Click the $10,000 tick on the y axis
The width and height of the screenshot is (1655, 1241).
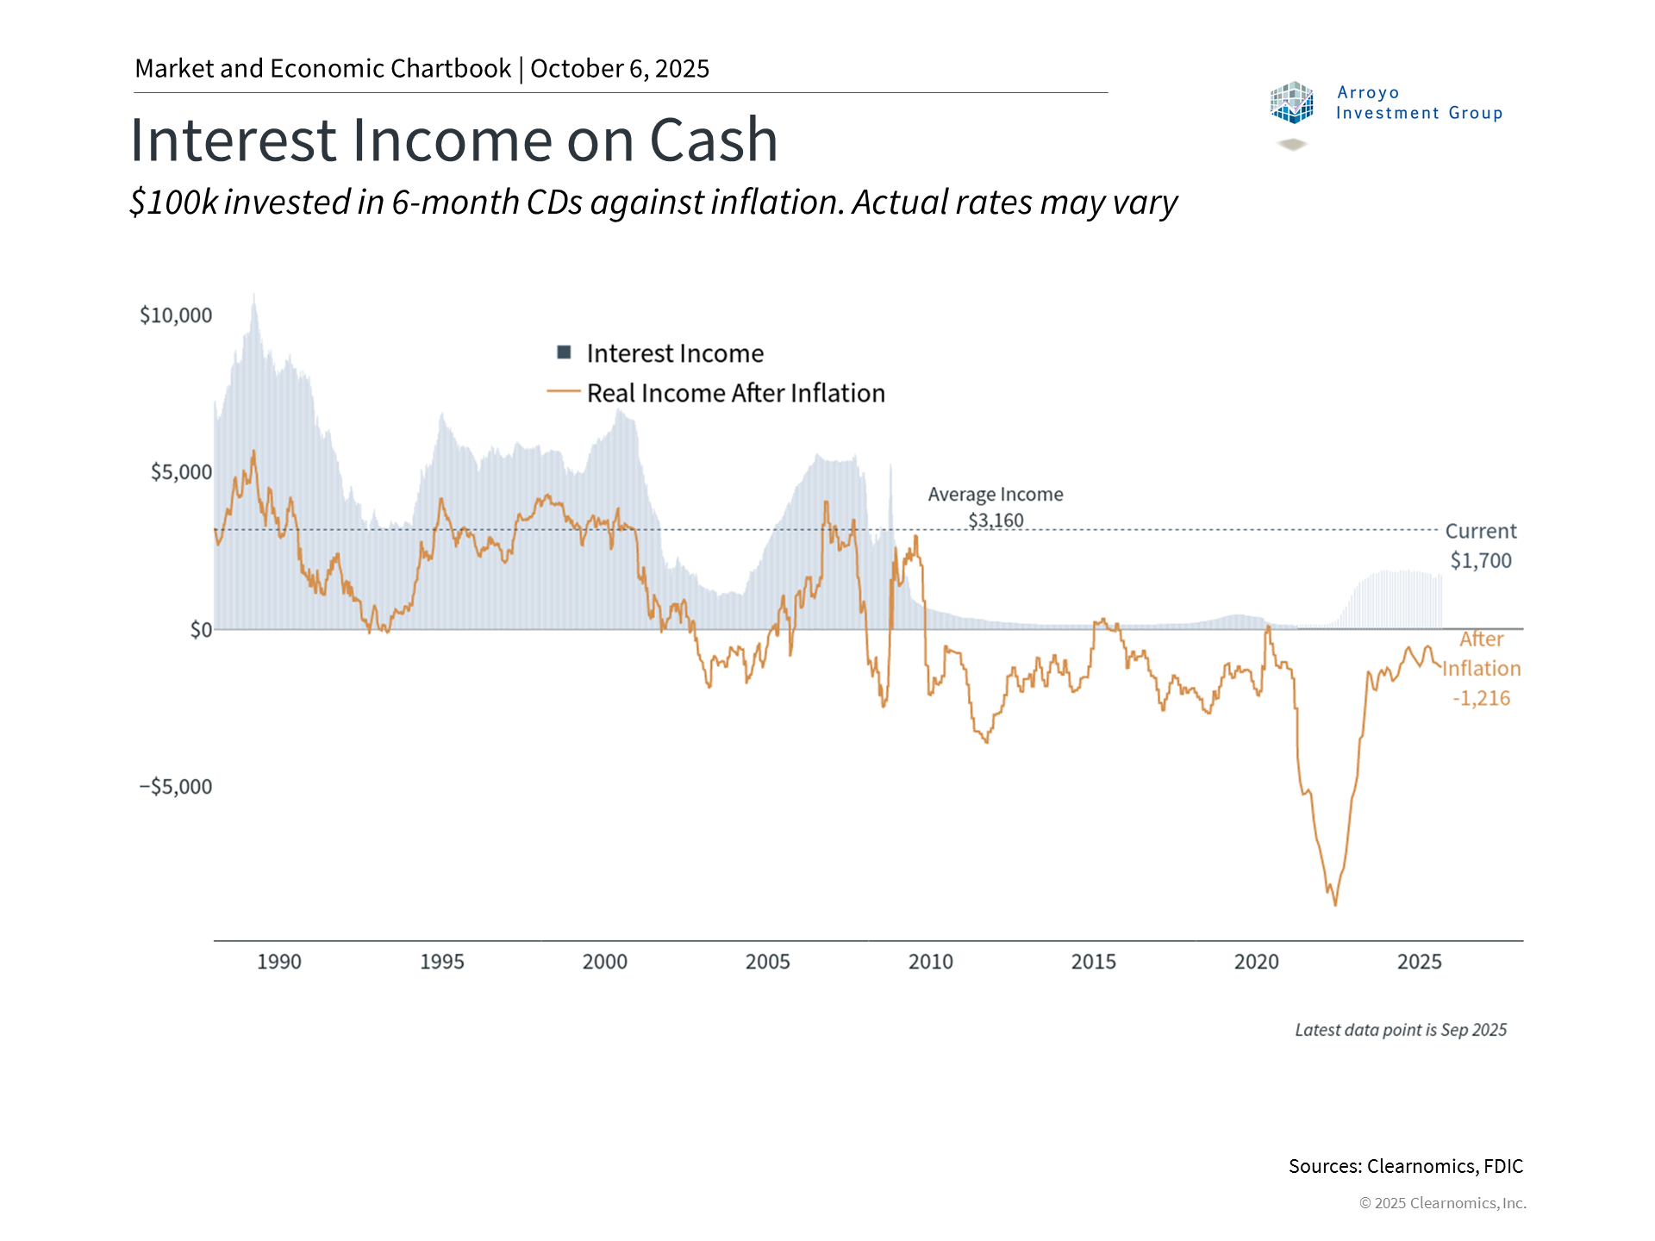pyautogui.click(x=176, y=315)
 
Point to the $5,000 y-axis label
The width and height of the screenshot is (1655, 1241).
pyautogui.click(x=181, y=472)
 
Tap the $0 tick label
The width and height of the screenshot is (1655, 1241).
pyautogui.click(x=201, y=630)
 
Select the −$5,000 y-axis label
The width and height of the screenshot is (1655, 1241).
pyautogui.click(x=176, y=787)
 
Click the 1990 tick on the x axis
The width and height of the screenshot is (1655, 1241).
pyautogui.click(x=279, y=962)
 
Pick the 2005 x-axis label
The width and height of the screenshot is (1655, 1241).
pyautogui.click(x=767, y=962)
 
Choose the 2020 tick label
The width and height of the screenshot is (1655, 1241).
pyautogui.click(x=1256, y=962)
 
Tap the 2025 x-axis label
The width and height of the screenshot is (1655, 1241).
pyautogui.click(x=1419, y=962)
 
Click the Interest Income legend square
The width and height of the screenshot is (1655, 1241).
pyautogui.click(x=565, y=352)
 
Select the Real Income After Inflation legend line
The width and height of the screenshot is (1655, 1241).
pyautogui.click(x=564, y=391)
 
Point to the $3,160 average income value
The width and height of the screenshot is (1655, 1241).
pyautogui.click(x=996, y=521)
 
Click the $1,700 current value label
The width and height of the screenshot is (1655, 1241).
pyautogui.click(x=1481, y=561)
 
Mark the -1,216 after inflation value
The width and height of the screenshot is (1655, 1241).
pyautogui.click(x=1481, y=698)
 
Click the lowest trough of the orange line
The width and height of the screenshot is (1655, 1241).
pyautogui.click(x=1335, y=904)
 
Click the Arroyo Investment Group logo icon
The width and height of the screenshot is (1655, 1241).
pyautogui.click(x=1291, y=103)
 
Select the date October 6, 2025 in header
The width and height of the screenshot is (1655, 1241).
pyautogui.click(x=620, y=69)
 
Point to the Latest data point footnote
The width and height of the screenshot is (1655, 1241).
pyautogui.click(x=1401, y=1030)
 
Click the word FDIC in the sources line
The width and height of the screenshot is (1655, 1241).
pyautogui.click(x=1503, y=1166)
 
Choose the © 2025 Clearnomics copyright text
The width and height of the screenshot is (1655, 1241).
pyautogui.click(x=1442, y=1203)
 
